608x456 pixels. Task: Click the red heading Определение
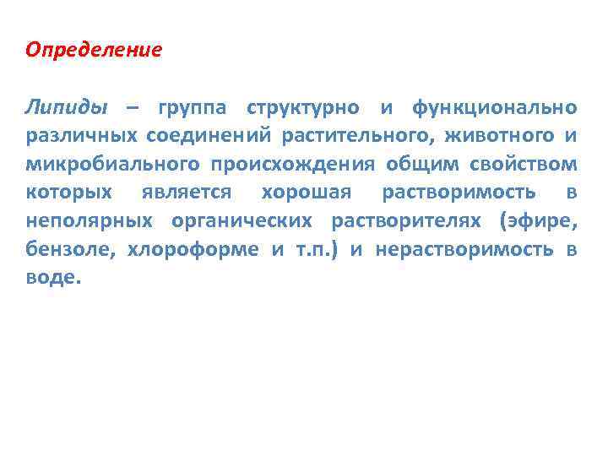coord(93,49)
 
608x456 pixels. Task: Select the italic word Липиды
coord(67,108)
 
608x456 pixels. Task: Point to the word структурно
coord(301,108)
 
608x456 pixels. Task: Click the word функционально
coord(495,108)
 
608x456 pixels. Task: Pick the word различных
coord(81,136)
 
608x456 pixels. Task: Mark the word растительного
coord(355,136)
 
